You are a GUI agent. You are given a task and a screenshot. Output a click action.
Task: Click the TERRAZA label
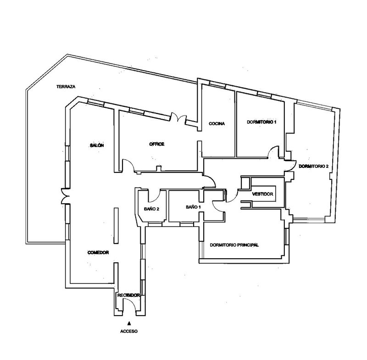coord(66,87)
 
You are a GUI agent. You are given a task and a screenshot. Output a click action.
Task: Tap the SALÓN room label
coord(97,145)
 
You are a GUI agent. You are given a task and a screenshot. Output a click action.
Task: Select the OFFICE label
coord(156,144)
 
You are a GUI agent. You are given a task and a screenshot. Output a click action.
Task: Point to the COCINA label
coord(217,123)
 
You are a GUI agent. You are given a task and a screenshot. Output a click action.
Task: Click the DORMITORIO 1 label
coord(261,122)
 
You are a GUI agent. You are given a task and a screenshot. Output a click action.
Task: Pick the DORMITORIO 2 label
coord(314,166)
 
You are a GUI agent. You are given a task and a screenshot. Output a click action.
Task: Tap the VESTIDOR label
coord(262,194)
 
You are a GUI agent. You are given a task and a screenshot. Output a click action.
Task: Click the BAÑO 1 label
coord(193,207)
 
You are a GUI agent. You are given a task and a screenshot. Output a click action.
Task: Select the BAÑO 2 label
coord(151,209)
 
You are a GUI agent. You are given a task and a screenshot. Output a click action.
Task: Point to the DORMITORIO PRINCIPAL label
coord(234,245)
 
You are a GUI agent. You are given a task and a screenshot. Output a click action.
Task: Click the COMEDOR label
coord(98,252)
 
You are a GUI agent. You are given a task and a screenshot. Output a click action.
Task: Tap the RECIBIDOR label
coord(128,295)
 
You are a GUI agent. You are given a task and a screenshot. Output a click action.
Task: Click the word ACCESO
coord(129,331)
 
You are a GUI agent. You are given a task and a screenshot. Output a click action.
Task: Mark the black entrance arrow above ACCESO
coord(129,323)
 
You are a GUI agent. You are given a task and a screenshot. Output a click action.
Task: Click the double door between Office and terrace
coord(178,117)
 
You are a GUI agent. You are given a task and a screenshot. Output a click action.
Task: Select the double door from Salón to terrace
coord(66,196)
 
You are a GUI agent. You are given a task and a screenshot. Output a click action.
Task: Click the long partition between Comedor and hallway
coord(116,226)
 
